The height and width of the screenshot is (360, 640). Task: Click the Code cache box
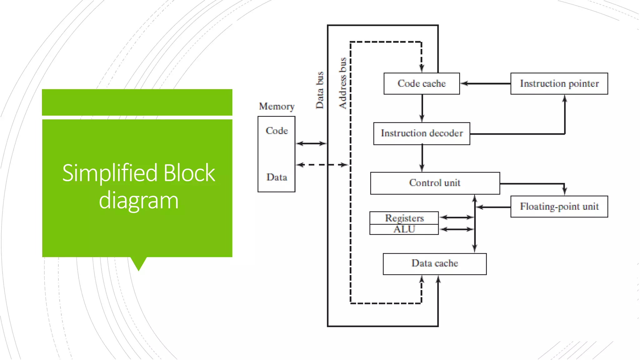[422, 84]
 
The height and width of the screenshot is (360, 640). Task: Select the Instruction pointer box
[559, 84]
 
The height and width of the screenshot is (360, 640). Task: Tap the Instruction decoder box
[422, 133]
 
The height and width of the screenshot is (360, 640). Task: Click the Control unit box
[435, 183]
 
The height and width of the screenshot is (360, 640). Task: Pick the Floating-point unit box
[559, 207]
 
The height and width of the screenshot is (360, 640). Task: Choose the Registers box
[404, 218]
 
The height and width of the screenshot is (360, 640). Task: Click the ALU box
[404, 229]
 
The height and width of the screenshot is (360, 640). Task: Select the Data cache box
[435, 264]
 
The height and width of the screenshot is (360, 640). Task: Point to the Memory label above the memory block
[277, 107]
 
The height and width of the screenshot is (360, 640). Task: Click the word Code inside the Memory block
[277, 131]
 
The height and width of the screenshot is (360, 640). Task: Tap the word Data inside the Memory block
[277, 177]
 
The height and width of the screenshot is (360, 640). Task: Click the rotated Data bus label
[319, 90]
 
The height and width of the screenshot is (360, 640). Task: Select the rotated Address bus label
[343, 83]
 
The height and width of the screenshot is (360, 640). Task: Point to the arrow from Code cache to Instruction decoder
[422, 108]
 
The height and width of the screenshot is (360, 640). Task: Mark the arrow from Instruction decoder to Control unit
[422, 158]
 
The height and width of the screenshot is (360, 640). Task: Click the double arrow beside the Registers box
[457, 217]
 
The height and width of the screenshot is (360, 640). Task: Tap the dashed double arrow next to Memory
[322, 165]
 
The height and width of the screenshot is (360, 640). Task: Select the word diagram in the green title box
[138, 201]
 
